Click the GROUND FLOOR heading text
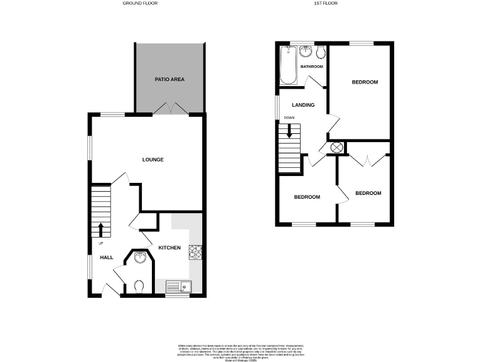[139, 3]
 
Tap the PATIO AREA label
[169, 79]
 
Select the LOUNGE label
[153, 160]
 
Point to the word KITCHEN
[169, 248]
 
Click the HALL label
[106, 257]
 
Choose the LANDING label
[303, 105]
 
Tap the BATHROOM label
[311, 67]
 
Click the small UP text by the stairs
[100, 243]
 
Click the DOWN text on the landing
[289, 118]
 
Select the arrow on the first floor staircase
[289, 131]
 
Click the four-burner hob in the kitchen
[196, 251]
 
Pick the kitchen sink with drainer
[179, 287]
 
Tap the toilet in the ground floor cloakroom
[140, 286]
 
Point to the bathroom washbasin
[306, 51]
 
